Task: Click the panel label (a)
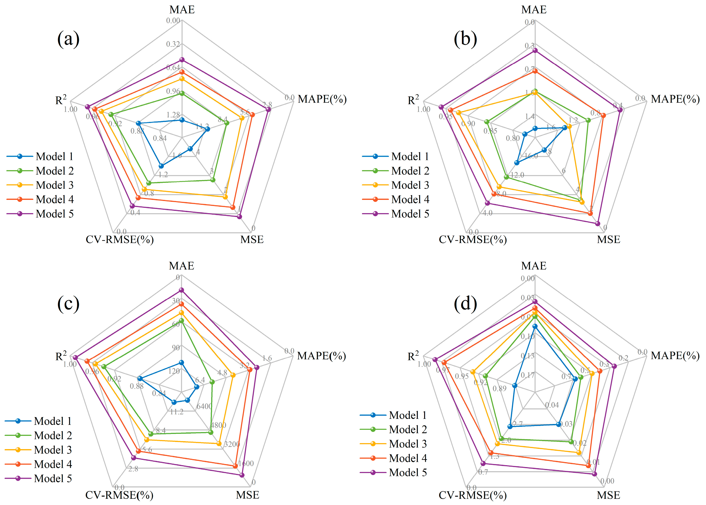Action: click(x=68, y=39)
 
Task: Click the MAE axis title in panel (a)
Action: click(x=182, y=10)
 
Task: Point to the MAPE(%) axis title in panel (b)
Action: click(x=675, y=99)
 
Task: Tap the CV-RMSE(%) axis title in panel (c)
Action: click(x=119, y=495)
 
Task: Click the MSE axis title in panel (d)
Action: click(x=608, y=495)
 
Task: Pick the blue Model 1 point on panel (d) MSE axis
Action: click(x=559, y=424)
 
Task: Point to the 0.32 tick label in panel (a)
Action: click(x=173, y=44)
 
